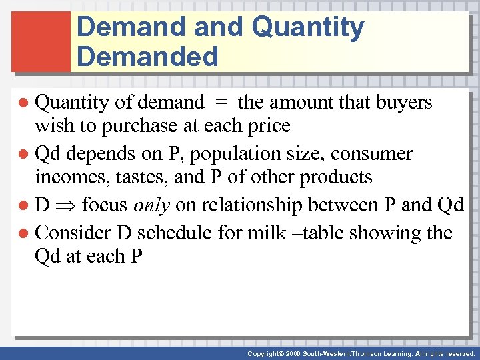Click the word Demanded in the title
pos(147,57)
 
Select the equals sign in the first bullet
pos(221,103)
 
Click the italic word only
pos(152,205)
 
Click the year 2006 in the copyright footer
pos(290,354)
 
